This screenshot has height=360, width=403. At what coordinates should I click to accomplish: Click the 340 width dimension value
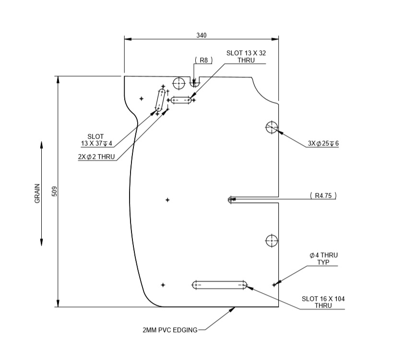[201, 35]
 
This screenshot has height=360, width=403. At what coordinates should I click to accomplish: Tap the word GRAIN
[37, 193]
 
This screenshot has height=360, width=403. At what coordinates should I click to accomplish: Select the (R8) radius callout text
[203, 60]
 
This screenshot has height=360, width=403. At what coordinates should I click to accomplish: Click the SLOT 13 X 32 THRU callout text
[246, 57]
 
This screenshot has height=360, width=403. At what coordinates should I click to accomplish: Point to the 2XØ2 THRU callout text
[97, 156]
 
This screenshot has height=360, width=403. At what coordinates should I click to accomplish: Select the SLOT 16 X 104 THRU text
[323, 302]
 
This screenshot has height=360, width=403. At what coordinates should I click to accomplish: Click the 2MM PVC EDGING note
[170, 330]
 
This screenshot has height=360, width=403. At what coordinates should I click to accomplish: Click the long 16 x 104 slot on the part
[220, 285]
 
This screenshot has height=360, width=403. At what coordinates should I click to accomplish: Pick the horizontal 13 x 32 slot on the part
[181, 100]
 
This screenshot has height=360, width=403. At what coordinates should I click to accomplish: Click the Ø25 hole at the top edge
[179, 83]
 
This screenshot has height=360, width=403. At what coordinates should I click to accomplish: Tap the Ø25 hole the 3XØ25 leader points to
[272, 127]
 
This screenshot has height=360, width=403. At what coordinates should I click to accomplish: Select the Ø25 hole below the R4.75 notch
[272, 240]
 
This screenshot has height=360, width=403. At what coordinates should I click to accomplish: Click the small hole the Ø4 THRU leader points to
[274, 285]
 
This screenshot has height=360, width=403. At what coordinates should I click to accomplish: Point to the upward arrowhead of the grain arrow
[42, 144]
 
